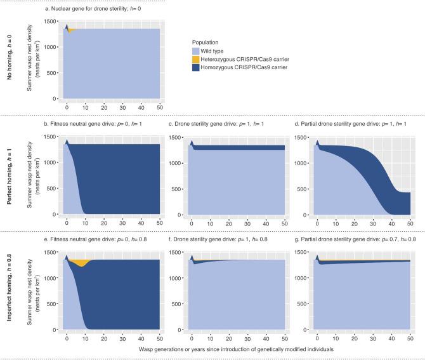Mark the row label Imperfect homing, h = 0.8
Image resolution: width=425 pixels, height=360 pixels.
[11, 293]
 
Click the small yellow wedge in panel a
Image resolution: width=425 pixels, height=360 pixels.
[71, 30]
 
